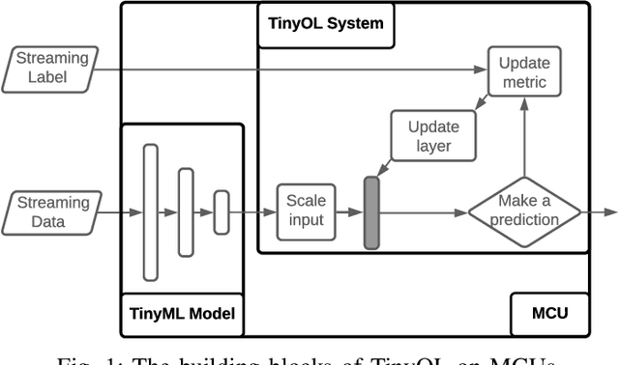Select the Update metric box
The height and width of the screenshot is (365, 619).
tap(523, 73)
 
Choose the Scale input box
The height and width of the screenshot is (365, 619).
tap(307, 211)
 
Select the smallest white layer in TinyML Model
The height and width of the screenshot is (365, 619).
tap(221, 211)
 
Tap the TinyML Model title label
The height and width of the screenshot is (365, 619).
tap(183, 312)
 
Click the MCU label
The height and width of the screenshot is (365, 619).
tap(549, 312)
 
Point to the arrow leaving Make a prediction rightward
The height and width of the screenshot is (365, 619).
tap(600, 211)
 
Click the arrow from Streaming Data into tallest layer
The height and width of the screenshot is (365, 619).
tap(121, 211)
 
